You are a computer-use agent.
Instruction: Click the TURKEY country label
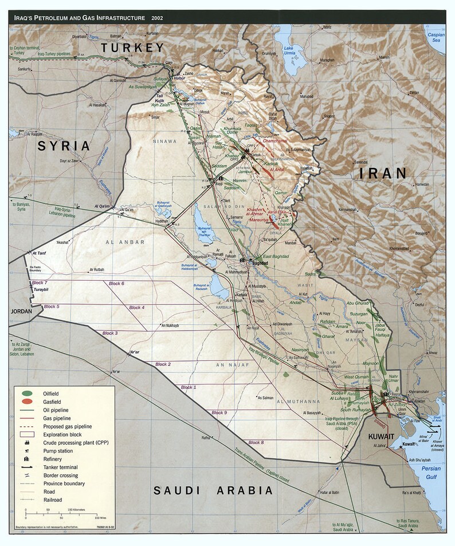132,48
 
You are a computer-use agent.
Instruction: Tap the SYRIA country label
64,146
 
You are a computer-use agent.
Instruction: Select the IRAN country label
379,173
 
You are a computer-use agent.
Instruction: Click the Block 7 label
40,283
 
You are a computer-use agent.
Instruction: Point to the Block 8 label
256,442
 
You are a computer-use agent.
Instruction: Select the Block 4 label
136,308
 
